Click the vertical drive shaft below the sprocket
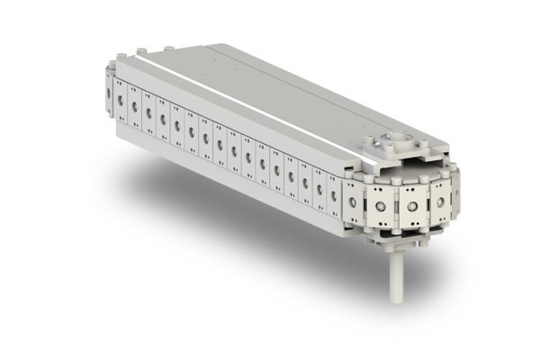[394, 279]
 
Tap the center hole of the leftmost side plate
[120, 100]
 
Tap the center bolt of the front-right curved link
[413, 208]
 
